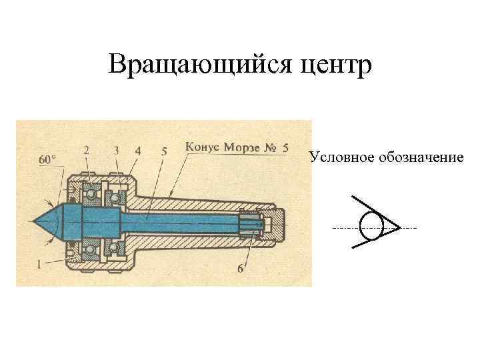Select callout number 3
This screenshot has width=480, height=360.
pos(117,150)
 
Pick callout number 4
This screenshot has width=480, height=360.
pos(137,150)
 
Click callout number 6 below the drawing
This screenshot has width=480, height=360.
pos(240,268)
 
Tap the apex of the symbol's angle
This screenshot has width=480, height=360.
pos(400,228)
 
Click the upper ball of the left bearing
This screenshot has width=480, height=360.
pos(89,193)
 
